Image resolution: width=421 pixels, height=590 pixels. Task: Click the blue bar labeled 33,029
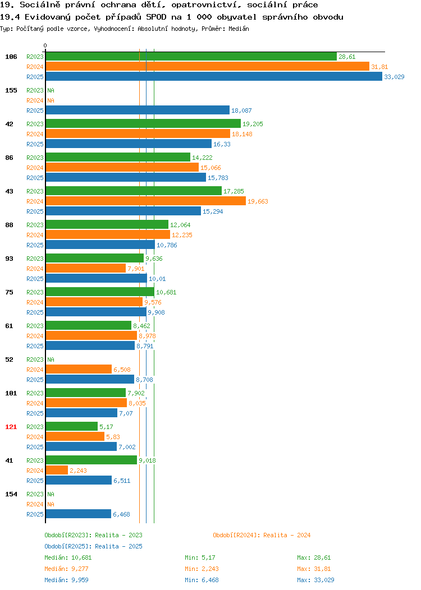coord(214,77)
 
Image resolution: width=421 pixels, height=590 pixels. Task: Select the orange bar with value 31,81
coord(208,67)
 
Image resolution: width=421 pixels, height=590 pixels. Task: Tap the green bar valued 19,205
coord(143,124)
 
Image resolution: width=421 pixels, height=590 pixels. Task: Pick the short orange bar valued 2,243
coord(57,471)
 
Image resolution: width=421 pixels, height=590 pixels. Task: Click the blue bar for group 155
coord(138,110)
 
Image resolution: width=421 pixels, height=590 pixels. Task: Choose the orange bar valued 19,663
coord(146,201)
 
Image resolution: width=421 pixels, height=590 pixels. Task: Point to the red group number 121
coord(11,427)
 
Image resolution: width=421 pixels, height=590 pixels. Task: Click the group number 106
coord(11,57)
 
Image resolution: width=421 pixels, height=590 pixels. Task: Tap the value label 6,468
coord(121,514)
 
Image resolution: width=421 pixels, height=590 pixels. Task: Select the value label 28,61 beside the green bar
coord(347,57)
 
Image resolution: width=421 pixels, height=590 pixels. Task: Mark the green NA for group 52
coord(51,359)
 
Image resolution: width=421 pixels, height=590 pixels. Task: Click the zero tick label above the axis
coord(45,45)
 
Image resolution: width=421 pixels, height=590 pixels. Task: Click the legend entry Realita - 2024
coord(287,535)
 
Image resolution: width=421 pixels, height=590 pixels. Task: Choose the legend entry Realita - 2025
coord(118,546)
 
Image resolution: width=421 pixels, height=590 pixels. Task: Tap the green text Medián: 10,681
coord(68,557)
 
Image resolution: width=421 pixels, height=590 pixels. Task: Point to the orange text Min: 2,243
coord(202,569)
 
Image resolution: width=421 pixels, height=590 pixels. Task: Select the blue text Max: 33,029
coord(315,580)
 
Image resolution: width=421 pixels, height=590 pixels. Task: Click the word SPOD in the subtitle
coord(156,17)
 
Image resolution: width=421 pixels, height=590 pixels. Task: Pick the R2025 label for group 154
coord(35,514)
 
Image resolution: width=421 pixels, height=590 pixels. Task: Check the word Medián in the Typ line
coord(239,29)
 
